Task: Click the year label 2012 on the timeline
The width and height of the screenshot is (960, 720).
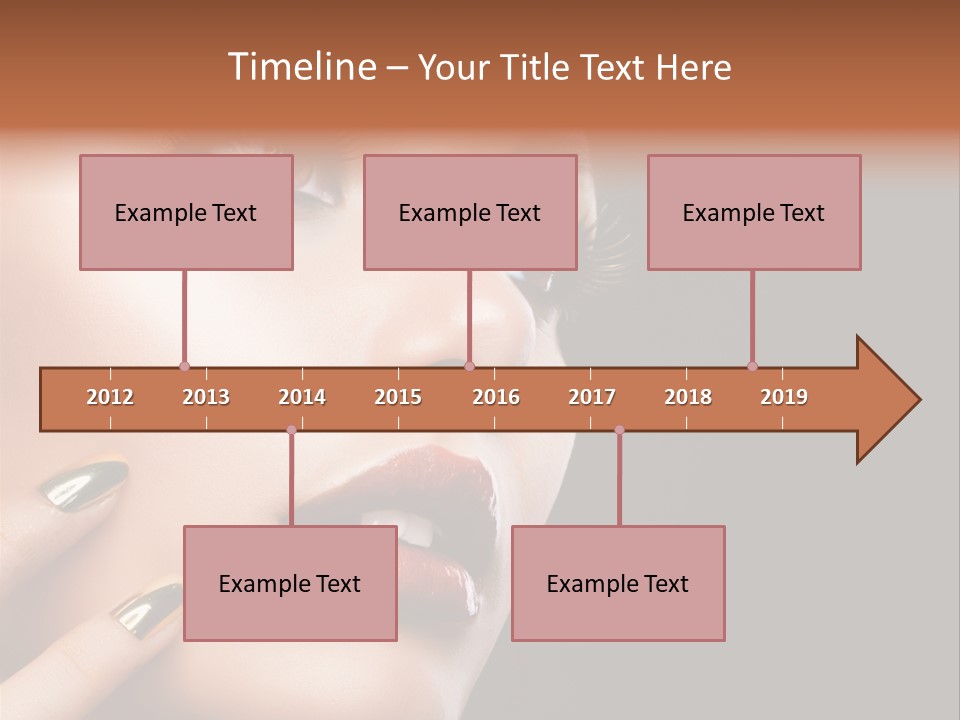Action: [x=110, y=397]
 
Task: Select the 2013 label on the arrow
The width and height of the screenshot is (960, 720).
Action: [x=206, y=397]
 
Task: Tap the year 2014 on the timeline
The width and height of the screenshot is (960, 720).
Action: [x=302, y=397]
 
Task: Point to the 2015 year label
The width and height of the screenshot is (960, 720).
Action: [x=398, y=397]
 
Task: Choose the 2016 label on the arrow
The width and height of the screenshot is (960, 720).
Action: [x=496, y=397]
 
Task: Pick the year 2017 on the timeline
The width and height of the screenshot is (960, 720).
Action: [x=592, y=397]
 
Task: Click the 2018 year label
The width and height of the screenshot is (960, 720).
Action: [x=688, y=397]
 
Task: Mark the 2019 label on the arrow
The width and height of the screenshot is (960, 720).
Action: [x=784, y=397]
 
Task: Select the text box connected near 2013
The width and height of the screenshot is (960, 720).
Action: [x=186, y=212]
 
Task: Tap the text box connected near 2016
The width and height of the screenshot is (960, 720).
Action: [x=470, y=212]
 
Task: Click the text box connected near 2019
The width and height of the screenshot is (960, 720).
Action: [x=754, y=212]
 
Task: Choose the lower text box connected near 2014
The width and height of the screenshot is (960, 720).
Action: [x=290, y=583]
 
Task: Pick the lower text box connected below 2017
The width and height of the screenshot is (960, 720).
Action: [x=618, y=583]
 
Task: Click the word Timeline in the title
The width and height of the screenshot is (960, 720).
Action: [x=300, y=67]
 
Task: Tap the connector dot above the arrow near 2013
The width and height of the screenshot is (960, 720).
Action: [x=184, y=366]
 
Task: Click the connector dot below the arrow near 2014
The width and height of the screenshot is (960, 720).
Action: [x=291, y=430]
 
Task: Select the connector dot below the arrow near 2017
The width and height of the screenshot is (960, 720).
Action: [x=619, y=430]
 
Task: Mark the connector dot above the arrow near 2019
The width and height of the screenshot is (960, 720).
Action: [x=752, y=366]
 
